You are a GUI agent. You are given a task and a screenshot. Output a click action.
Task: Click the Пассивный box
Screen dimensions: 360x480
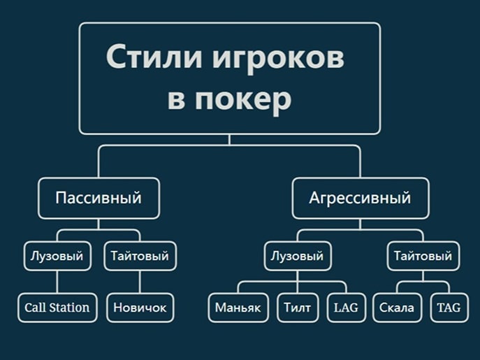99,198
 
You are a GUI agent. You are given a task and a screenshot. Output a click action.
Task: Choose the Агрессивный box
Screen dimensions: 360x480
360,198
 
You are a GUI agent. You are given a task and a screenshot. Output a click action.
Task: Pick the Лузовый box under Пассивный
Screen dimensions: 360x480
57,256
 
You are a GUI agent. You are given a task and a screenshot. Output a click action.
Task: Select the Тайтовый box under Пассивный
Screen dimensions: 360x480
140,256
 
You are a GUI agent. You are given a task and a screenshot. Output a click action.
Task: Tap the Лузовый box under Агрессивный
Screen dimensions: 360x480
297,256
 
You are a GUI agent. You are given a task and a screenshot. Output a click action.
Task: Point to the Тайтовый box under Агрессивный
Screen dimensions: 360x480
423,256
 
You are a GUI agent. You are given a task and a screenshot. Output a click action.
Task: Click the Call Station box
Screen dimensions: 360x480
57,308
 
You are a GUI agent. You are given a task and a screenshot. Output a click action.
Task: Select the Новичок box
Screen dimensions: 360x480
140,308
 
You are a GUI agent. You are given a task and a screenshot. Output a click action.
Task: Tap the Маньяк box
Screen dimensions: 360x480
238,308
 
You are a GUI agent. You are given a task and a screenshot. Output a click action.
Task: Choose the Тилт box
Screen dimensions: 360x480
298,308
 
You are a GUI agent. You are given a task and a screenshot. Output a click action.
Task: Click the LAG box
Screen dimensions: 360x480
346,308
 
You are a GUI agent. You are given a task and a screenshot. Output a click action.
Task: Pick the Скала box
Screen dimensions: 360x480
397,308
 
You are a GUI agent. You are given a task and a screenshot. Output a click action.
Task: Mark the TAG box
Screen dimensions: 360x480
449,308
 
